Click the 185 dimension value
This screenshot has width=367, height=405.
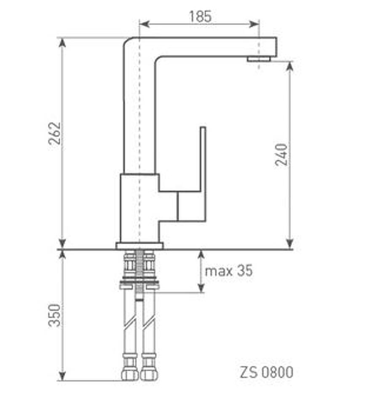point(200,16)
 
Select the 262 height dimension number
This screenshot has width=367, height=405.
point(55,133)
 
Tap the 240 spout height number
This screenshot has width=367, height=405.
point(281,154)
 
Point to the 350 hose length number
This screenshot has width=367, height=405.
point(55,316)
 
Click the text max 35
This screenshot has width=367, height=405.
point(228,271)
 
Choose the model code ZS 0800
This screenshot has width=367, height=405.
point(267,372)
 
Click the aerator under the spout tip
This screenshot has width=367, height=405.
point(259,59)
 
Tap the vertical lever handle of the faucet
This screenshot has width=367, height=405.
point(203,173)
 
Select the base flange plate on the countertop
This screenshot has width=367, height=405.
point(139,246)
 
